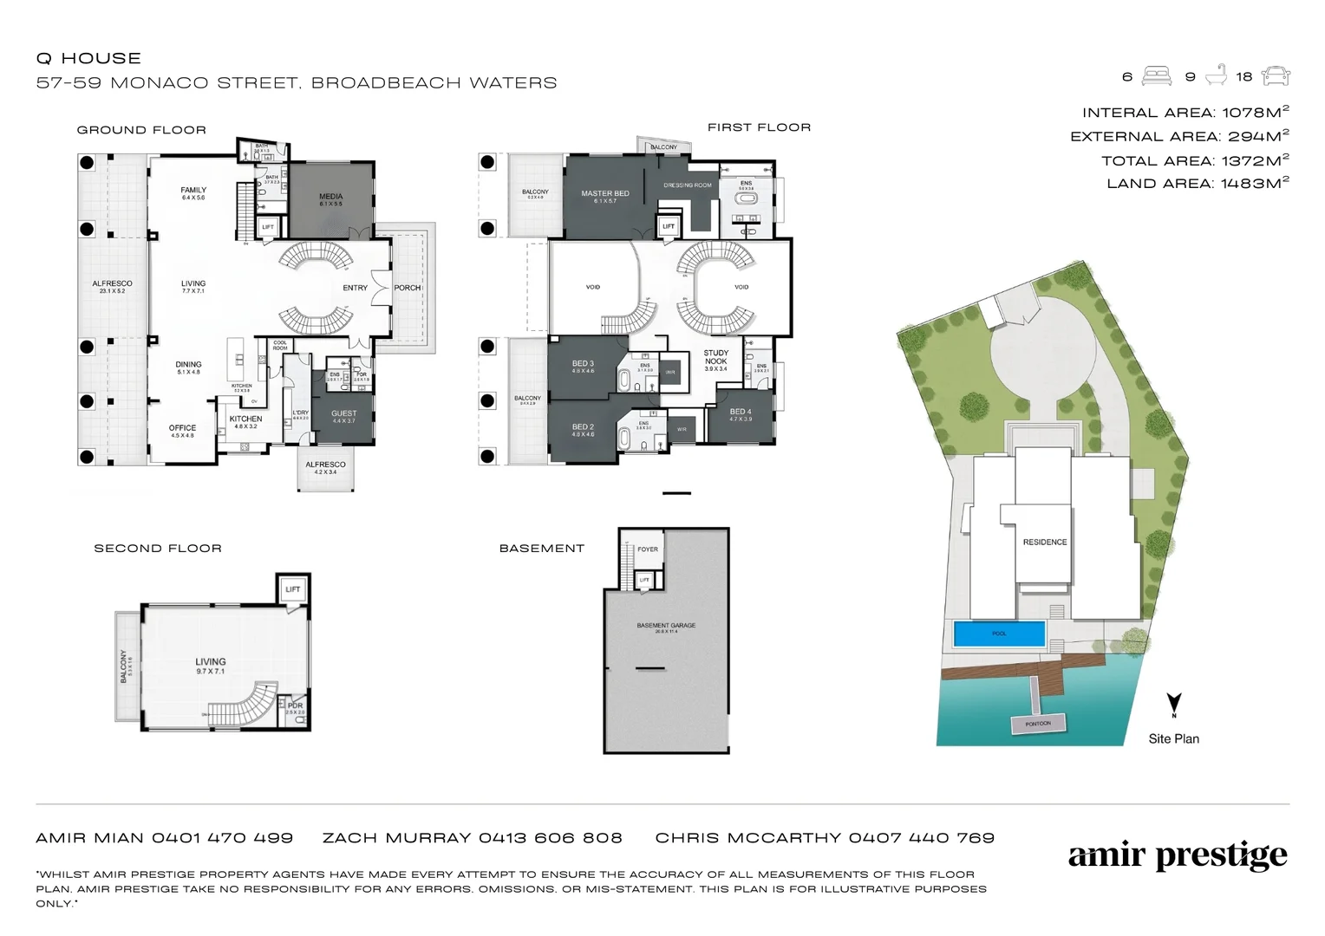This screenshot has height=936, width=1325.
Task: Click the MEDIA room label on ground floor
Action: click(x=330, y=197)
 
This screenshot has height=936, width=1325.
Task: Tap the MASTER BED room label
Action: click(x=605, y=194)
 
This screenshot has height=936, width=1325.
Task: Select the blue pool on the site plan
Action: click(x=999, y=634)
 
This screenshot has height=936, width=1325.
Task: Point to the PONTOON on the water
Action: click(x=1038, y=724)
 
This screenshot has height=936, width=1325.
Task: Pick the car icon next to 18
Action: click(x=1276, y=76)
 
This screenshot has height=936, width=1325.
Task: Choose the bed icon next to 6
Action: click(x=1157, y=76)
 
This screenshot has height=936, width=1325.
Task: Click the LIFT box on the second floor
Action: click(x=293, y=589)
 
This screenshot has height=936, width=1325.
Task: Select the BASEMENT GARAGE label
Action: click(x=666, y=626)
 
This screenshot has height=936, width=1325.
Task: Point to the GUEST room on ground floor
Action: click(x=343, y=414)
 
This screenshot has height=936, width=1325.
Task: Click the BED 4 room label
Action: click(x=741, y=413)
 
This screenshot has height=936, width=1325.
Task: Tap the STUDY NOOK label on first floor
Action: click(x=716, y=357)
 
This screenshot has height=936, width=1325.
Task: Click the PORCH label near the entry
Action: click(x=407, y=288)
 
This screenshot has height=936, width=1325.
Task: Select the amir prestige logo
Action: click(x=1178, y=856)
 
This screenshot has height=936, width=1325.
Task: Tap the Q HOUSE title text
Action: click(x=88, y=58)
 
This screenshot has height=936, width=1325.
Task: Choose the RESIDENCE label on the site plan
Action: click(x=1045, y=543)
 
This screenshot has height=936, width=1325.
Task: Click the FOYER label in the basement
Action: click(x=648, y=549)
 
